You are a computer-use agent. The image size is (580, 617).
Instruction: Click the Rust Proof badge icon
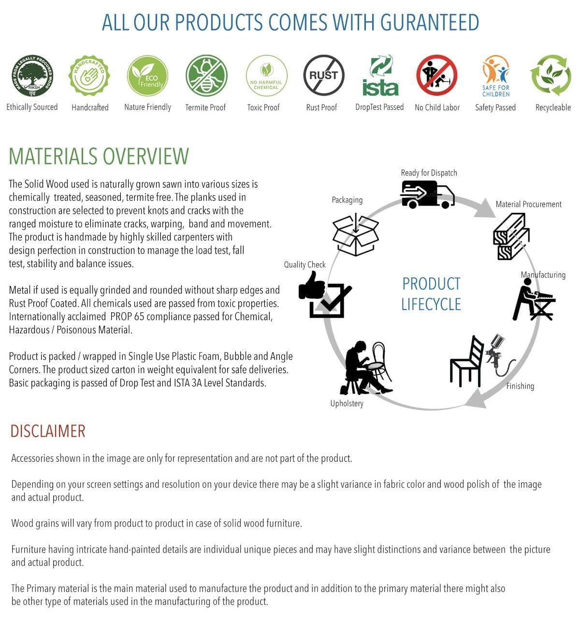click(x=323, y=75)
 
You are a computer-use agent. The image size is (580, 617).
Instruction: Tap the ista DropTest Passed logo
click(x=380, y=76)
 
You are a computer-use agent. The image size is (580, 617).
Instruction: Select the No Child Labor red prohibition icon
click(x=437, y=75)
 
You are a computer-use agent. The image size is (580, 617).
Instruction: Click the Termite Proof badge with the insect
click(x=206, y=75)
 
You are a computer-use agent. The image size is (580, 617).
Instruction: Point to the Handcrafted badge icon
click(x=89, y=75)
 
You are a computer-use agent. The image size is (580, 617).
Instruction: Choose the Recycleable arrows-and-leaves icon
click(x=551, y=75)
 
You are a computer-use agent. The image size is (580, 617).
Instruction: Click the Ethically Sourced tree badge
click(x=32, y=75)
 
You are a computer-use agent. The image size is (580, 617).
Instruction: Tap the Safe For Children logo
click(x=495, y=76)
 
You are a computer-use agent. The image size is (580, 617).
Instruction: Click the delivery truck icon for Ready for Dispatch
click(x=428, y=194)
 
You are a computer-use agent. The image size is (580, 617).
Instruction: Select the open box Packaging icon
click(x=356, y=235)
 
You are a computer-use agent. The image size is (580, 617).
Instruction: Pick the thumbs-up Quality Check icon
click(x=324, y=295)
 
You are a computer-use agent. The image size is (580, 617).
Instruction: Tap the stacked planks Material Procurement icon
click(x=511, y=236)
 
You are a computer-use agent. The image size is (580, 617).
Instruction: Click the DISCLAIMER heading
click(x=48, y=431)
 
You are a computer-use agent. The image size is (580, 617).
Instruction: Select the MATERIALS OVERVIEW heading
click(x=99, y=156)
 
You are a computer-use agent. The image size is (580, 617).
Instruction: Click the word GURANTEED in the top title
click(x=430, y=22)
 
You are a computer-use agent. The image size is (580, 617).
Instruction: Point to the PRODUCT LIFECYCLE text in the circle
click(x=431, y=294)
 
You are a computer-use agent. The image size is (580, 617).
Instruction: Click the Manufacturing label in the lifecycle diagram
click(x=543, y=275)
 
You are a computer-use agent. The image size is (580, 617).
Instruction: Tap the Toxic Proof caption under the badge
click(x=263, y=107)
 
